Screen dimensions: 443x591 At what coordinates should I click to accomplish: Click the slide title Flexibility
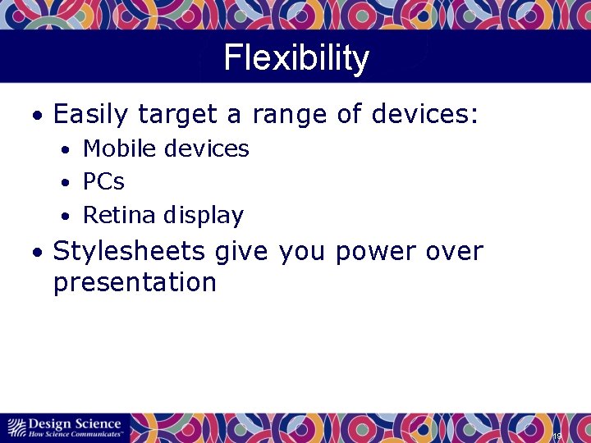[295, 58]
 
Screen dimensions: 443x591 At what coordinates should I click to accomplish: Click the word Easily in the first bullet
[90, 114]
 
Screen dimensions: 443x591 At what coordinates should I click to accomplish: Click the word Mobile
[121, 148]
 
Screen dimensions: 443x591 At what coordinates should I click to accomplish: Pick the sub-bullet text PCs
[103, 181]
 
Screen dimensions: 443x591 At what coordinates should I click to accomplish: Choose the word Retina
[120, 215]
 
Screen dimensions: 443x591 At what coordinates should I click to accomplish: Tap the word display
[203, 216]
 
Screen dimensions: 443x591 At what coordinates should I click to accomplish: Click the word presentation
[135, 283]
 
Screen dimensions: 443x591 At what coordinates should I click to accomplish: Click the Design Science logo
[65, 427]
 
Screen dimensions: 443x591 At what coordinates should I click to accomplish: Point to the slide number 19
[557, 435]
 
